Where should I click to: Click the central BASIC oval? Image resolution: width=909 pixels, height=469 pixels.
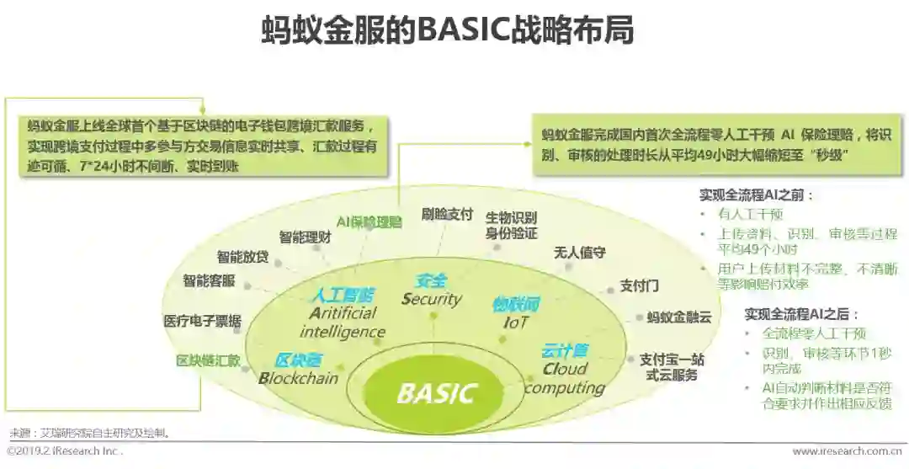[x=436, y=393]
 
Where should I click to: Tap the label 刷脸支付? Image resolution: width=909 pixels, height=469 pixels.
[x=447, y=214]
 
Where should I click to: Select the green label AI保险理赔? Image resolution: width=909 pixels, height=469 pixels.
[x=369, y=222]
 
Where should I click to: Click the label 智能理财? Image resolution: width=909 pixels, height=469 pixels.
[x=305, y=237]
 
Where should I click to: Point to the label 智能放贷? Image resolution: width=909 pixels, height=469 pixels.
[x=242, y=257]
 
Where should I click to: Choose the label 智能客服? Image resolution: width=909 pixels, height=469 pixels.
[x=209, y=280]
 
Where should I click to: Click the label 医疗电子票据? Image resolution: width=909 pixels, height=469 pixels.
[x=202, y=321]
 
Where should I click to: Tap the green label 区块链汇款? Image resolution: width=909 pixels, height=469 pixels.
[x=208, y=361]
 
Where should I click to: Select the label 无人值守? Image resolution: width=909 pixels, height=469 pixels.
[x=579, y=253]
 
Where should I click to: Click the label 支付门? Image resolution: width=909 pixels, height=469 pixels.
[x=639, y=286]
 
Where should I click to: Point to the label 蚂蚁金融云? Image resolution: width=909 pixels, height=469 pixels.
[x=679, y=317]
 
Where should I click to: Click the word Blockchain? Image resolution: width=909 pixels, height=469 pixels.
[x=298, y=378]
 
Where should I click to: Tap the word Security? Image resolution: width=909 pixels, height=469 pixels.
[x=432, y=299]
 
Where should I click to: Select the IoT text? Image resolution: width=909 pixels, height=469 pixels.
[x=516, y=322]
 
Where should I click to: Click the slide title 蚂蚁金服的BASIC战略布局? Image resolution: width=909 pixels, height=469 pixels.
[x=447, y=31]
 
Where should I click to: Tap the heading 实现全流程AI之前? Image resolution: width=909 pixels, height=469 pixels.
[x=756, y=195]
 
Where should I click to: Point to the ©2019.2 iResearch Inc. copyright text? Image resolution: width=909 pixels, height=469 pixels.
[x=64, y=451]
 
